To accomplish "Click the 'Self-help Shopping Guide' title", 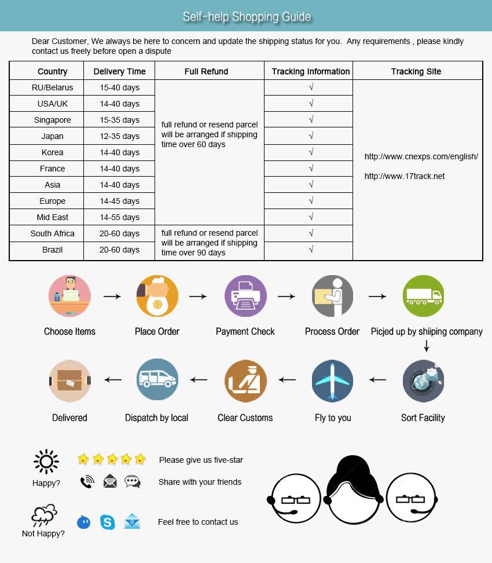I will (x=247, y=17).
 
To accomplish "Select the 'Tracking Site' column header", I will (x=416, y=71).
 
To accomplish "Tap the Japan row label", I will (x=53, y=136).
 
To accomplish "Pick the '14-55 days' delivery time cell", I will (x=119, y=217).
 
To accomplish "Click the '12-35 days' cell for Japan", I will (x=119, y=136).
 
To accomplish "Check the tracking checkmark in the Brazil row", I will (x=311, y=250).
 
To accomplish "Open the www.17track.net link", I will (x=405, y=176).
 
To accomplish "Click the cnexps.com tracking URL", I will (x=421, y=156).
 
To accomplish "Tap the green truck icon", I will (x=423, y=296).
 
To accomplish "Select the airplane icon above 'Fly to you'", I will (x=332, y=381).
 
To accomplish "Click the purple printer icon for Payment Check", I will (x=245, y=296).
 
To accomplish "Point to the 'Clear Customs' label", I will (x=245, y=418).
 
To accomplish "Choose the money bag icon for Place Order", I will (x=157, y=296).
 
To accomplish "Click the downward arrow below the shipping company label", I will (x=427, y=346).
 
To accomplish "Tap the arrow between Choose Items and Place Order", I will (x=112, y=297).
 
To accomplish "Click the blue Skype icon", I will (x=108, y=522).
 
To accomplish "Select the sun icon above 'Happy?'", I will (x=46, y=462).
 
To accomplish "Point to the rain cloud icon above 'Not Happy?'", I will (x=44, y=515).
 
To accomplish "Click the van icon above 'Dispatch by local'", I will (x=157, y=380).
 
